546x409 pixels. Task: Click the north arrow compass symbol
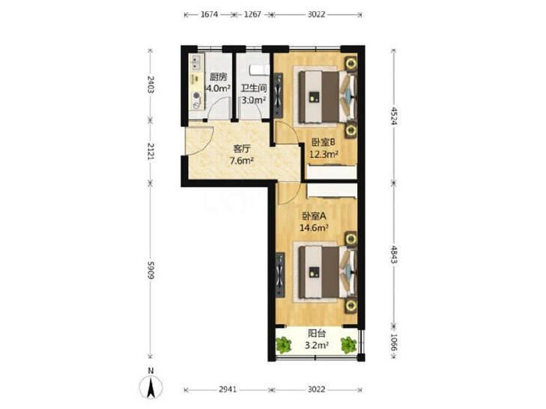tap(151, 386)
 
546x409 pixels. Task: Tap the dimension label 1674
tap(209, 15)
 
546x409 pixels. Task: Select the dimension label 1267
tap(252, 15)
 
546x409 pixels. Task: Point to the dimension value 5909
tap(151, 269)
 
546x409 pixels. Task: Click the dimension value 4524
tap(393, 116)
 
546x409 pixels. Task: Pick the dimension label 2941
tap(228, 390)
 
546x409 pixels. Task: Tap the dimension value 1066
tap(393, 342)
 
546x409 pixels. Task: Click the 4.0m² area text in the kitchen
tap(218, 88)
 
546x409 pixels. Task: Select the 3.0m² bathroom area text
tap(254, 100)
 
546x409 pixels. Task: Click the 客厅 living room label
tap(242, 149)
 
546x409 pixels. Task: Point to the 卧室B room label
tap(323, 142)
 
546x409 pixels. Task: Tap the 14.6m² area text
tap(315, 228)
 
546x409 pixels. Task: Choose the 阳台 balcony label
tap(317, 333)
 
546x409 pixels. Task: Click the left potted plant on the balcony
tap(284, 345)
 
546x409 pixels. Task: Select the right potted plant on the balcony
tap(348, 345)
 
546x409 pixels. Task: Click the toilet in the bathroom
tap(260, 70)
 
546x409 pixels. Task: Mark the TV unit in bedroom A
tap(280, 275)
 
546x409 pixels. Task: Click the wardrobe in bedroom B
tap(332, 173)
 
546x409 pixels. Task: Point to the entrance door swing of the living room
tap(200, 141)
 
